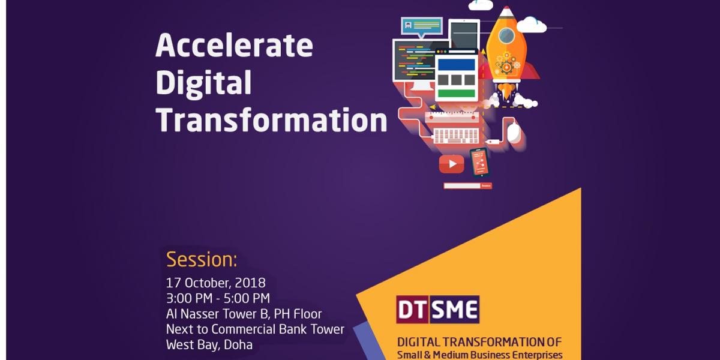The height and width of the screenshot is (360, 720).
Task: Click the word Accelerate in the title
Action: pyautogui.click(x=235, y=46)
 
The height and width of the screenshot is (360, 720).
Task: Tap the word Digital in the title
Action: pyautogui.click(x=204, y=83)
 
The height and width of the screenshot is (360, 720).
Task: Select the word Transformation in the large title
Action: pyautogui.click(x=272, y=119)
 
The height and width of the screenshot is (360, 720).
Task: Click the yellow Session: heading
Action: pyautogui.click(x=202, y=260)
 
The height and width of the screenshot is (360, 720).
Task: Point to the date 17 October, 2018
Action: pyautogui.click(x=215, y=283)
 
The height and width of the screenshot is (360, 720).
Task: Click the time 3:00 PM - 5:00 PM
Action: pyautogui.click(x=218, y=298)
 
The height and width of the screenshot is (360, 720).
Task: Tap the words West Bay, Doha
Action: pyautogui.click(x=209, y=344)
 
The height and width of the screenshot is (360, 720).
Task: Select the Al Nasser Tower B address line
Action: pyautogui.click(x=244, y=314)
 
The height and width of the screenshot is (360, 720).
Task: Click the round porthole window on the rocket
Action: pyautogui.click(x=506, y=35)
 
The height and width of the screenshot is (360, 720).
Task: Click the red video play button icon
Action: pyautogui.click(x=452, y=164)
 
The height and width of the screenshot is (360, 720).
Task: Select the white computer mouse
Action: pyautogui.click(x=514, y=133)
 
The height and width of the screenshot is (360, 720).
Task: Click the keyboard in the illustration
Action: pyautogui.click(x=456, y=136)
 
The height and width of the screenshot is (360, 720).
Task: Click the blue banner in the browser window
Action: pyautogui.click(x=457, y=64)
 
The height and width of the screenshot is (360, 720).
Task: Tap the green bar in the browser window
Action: pyautogui.click(x=457, y=94)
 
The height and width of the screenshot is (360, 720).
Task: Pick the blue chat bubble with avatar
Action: pyautogui.click(x=422, y=27)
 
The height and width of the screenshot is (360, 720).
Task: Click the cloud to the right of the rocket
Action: pyautogui.click(x=532, y=25)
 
